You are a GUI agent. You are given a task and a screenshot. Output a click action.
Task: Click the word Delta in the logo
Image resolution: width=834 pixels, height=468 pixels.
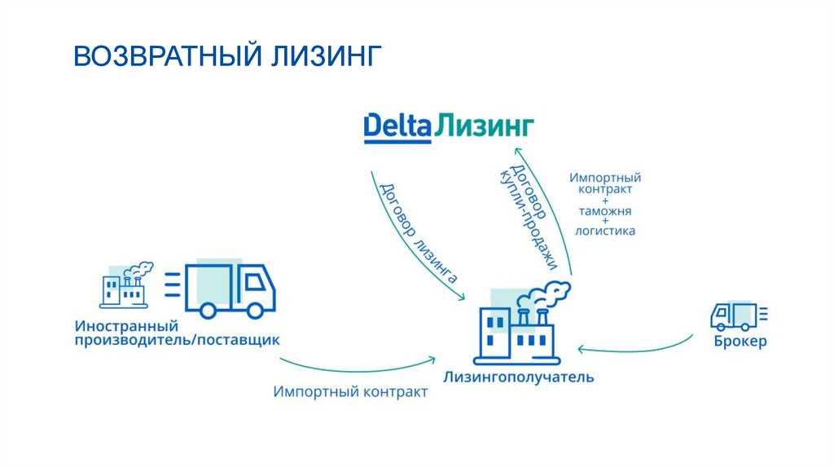[397, 126]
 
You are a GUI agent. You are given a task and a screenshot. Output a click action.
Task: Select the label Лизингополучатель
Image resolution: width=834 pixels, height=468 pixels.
[519, 377]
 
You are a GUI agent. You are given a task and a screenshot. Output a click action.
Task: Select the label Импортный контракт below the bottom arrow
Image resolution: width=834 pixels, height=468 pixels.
[350, 392]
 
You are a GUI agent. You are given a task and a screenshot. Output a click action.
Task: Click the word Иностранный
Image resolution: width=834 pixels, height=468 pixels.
[126, 326]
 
